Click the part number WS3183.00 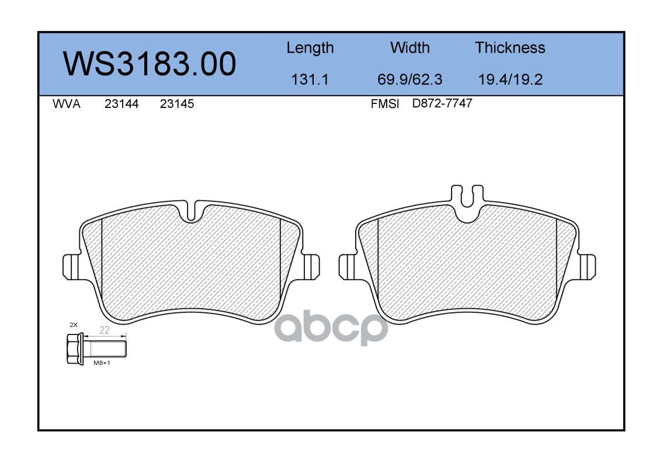point(150,64)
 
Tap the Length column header point(310,48)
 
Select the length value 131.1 point(310,79)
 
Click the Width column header point(409,47)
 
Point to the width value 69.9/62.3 point(409,79)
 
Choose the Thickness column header point(510,47)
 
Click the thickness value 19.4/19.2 point(510,79)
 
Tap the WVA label point(67,104)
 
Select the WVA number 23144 point(122,104)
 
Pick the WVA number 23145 point(177,104)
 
